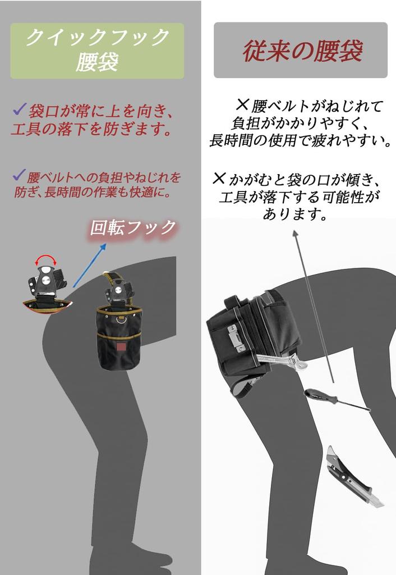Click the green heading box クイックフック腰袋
click(97, 51)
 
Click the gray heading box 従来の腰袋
click(301, 51)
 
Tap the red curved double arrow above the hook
click(46, 259)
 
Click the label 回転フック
click(133, 228)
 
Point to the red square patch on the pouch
click(121, 347)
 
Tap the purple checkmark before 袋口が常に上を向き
click(20, 108)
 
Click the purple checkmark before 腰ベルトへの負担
click(19, 176)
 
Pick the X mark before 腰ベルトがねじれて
click(242, 104)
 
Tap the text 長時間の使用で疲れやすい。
click(301, 140)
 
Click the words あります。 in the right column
click(296, 214)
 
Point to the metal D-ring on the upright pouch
click(121, 320)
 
